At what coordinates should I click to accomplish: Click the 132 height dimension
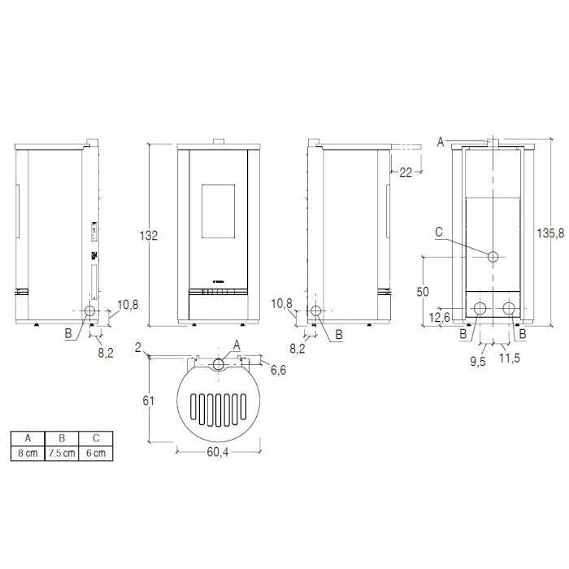(148, 235)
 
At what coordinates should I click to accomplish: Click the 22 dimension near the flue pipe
(406, 172)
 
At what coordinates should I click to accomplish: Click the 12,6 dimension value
(441, 317)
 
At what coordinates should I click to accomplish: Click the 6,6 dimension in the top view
(277, 370)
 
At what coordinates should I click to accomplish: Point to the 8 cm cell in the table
(28, 454)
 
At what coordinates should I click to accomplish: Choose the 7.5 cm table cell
(63, 454)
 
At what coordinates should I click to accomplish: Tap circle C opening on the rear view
(493, 257)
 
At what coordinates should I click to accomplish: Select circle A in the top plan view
(218, 363)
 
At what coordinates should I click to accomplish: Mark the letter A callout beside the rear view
(440, 141)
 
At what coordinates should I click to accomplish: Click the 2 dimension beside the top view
(140, 349)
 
